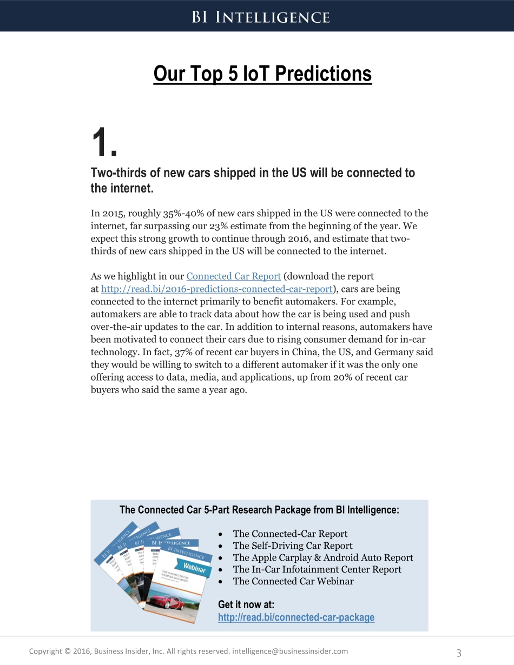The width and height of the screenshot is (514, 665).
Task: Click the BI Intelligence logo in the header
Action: coord(260,17)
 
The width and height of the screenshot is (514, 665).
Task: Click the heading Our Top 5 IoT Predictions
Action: coord(262,74)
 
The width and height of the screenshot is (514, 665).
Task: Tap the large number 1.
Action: coord(103,144)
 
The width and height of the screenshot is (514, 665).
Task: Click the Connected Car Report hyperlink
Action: coord(233,276)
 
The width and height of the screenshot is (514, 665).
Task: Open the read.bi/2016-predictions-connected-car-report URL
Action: coord(216,289)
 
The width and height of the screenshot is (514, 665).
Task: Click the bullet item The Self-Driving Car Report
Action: coord(292,546)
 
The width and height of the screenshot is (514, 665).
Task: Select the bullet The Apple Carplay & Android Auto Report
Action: coord(322,557)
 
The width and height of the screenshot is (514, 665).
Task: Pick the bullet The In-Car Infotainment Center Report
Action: coord(317,569)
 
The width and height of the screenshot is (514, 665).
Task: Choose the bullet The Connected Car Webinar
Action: coord(293,581)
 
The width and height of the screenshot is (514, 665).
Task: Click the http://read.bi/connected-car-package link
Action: coord(296,617)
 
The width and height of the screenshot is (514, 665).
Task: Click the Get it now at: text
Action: coord(246,604)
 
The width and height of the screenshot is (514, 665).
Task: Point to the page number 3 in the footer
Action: coord(459,653)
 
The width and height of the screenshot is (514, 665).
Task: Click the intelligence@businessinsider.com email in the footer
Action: coord(289,651)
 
